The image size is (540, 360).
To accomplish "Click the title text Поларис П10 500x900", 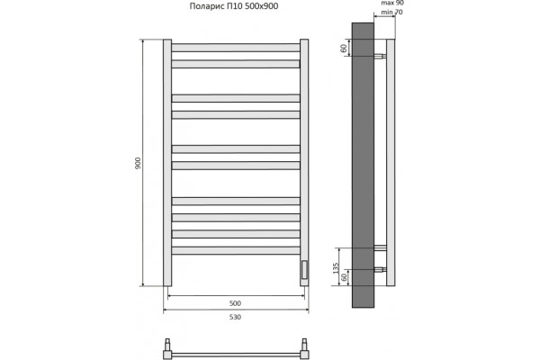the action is tap(234, 6).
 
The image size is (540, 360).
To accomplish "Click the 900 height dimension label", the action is tap(138, 163).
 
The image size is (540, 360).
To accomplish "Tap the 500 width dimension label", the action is tap(235, 303).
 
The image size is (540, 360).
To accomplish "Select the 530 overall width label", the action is tap(235, 317).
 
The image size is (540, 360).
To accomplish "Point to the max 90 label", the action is tap(392, 3).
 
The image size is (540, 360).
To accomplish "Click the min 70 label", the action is tap(391, 13).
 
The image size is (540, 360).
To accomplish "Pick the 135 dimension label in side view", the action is tap(336, 268).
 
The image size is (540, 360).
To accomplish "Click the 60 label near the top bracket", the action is tap(344, 49).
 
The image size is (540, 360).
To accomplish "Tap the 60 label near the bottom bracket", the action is tap(344, 277).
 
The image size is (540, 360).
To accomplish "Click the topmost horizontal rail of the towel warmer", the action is tap(236, 48).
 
